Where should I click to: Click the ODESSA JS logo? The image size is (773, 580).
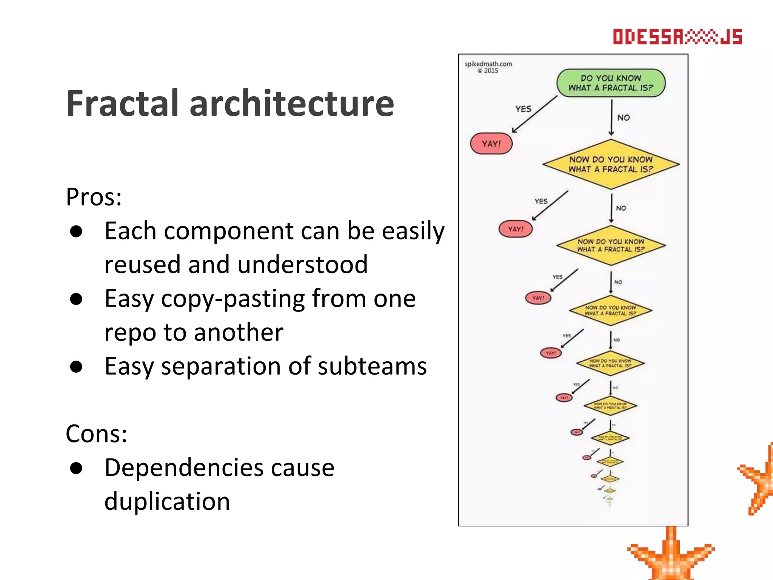(677, 37)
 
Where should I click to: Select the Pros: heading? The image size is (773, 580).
(94, 197)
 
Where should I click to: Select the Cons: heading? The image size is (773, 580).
(96, 433)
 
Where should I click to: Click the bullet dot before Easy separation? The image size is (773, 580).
(76, 367)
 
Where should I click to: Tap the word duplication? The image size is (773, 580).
(167, 501)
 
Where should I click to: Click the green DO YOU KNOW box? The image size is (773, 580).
(611, 83)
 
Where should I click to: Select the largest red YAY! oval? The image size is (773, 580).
(491, 144)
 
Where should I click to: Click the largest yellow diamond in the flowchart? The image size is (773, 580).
(611, 165)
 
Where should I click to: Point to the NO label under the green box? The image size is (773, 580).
(623, 118)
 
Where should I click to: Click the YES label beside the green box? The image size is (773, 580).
(523, 109)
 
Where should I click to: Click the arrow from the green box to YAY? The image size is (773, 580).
(534, 114)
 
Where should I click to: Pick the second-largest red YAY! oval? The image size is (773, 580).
(515, 229)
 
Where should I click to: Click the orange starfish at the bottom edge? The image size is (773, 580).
(671, 557)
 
